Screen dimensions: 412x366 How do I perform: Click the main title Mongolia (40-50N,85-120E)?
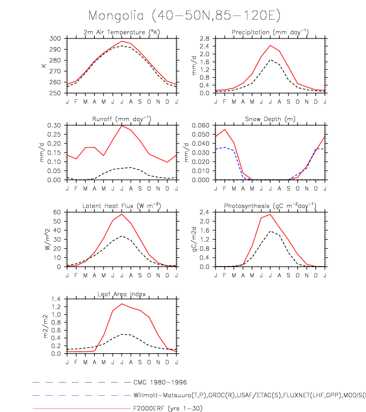point(184,16)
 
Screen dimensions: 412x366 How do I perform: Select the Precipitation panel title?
point(270,33)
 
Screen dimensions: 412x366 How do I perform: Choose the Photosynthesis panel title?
point(270,206)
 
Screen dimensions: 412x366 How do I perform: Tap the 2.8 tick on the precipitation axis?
point(205,39)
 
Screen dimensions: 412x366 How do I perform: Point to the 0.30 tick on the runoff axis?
point(55,125)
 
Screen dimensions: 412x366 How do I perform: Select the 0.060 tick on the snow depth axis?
point(202,125)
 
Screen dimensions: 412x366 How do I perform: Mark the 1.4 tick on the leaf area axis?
point(57,299)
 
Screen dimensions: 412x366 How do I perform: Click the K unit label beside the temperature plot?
point(44,65)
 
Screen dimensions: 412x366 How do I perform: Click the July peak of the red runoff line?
point(121,125)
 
